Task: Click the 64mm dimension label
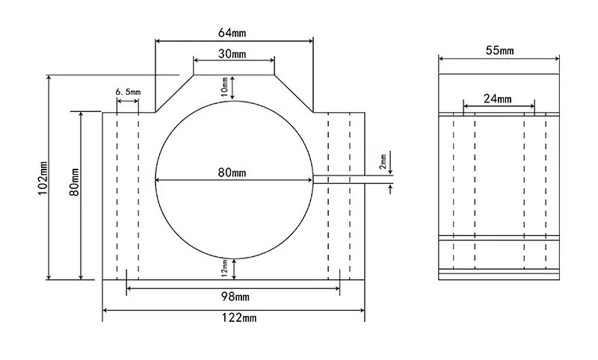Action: click(x=232, y=33)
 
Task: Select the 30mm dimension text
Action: click(x=232, y=54)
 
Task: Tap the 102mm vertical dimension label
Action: click(x=43, y=178)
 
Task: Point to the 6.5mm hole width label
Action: click(x=128, y=92)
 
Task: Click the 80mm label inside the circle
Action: click(x=232, y=173)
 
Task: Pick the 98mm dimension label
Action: click(x=235, y=297)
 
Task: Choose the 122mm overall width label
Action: click(x=239, y=317)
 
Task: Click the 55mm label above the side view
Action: click(x=499, y=50)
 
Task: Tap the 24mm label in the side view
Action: click(x=498, y=99)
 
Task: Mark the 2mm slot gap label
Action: click(x=383, y=161)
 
